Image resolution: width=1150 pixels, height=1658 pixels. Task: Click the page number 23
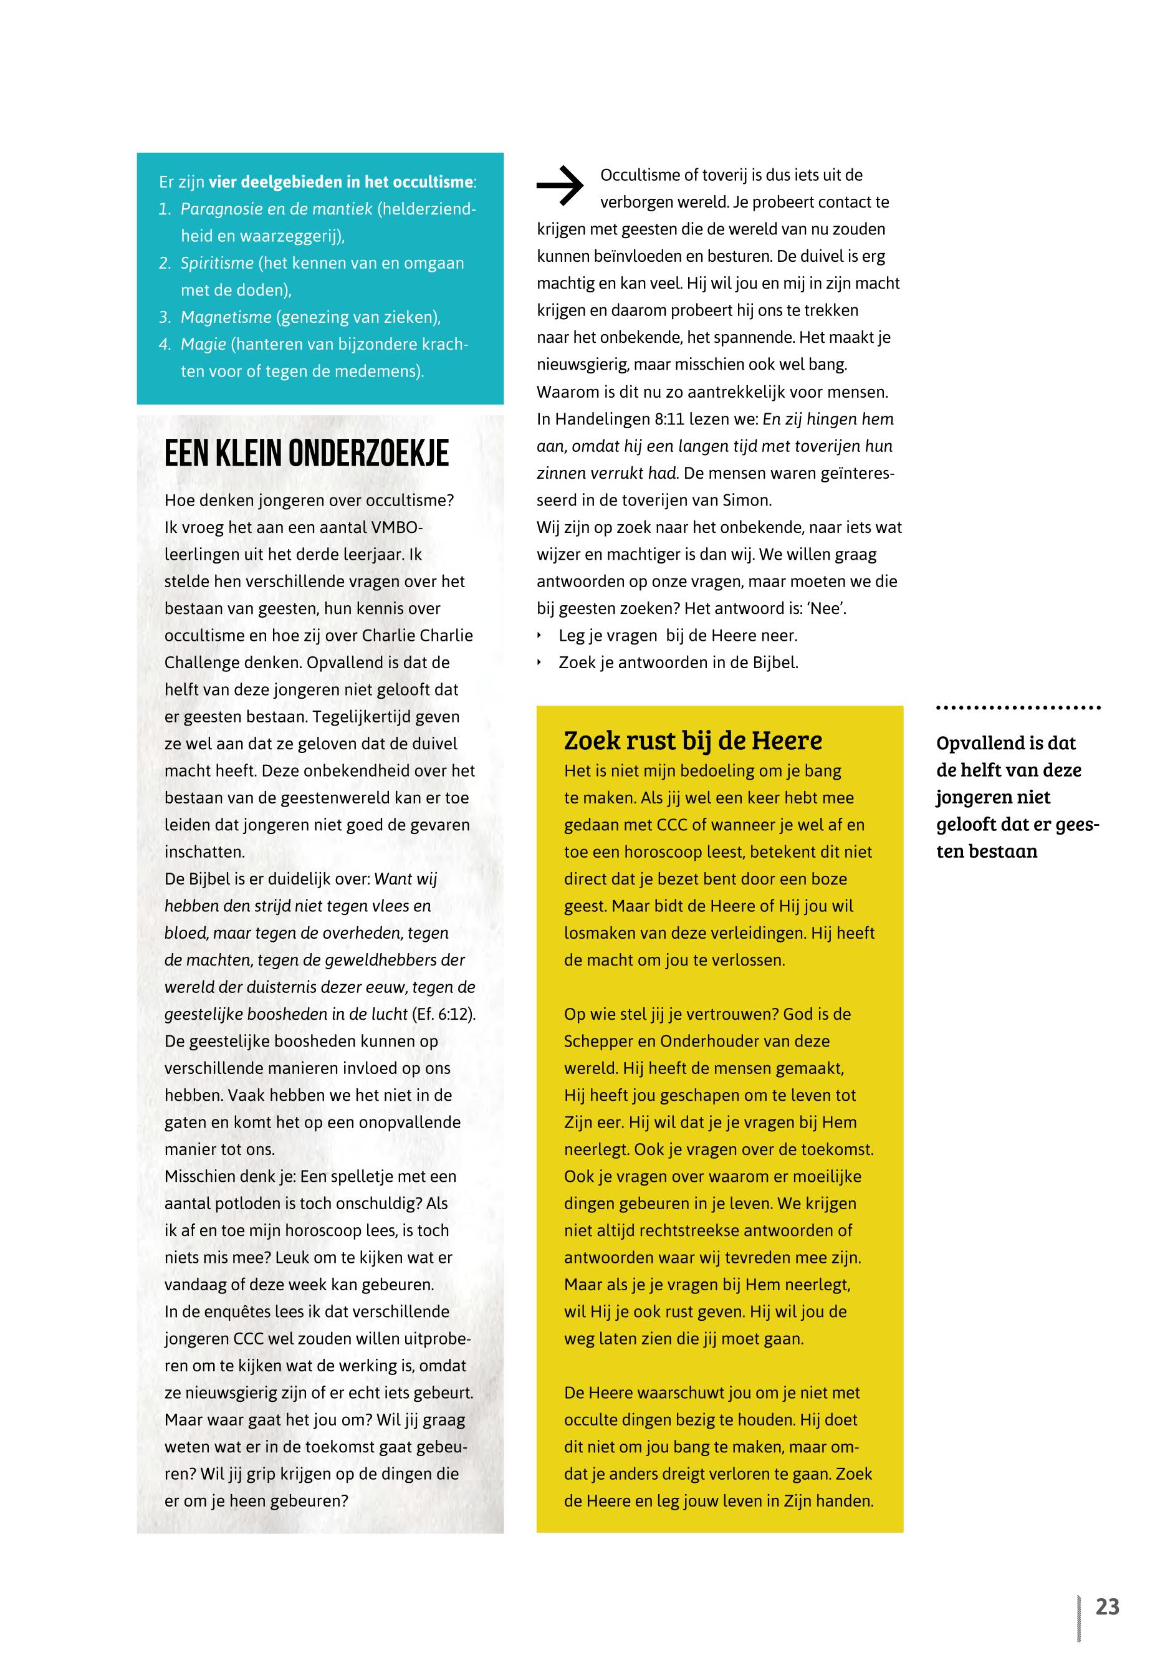1107,1606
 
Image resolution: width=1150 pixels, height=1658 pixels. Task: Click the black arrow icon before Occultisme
560,186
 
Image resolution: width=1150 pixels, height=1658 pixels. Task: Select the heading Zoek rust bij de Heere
692,740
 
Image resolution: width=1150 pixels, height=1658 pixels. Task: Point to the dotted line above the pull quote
1017,707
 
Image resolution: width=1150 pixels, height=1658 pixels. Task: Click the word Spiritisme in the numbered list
217,263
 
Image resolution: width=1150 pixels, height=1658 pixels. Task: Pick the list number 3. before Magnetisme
165,317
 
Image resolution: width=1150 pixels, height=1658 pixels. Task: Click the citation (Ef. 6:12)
443,1014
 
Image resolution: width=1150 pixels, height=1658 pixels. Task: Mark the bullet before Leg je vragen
540,636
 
